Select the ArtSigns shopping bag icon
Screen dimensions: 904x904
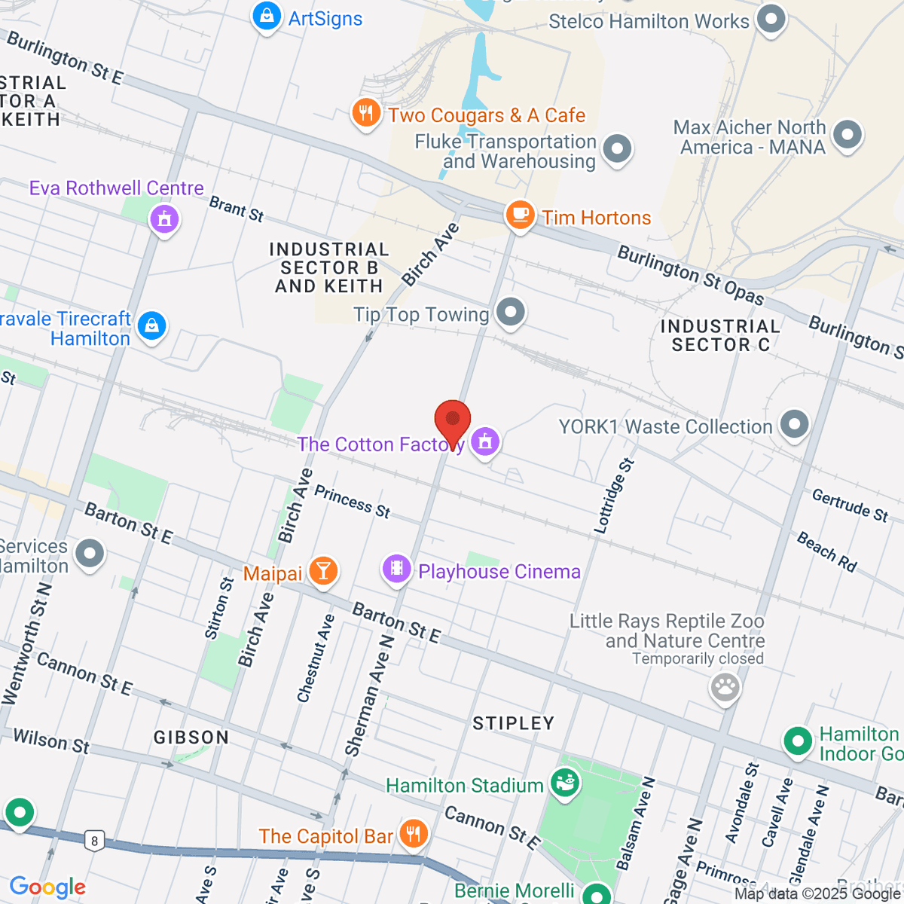[266, 16]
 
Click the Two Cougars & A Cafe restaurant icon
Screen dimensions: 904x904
[366, 114]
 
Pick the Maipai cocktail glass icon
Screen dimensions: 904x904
[323, 572]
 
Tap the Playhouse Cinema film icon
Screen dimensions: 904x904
[396, 569]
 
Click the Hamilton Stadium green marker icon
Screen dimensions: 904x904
[564, 783]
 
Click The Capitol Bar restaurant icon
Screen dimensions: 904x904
[413, 834]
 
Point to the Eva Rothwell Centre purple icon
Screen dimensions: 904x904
[164, 219]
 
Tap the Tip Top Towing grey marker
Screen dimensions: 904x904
[511, 312]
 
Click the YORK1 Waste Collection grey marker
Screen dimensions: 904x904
[794, 424]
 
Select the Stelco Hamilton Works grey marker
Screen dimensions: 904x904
[771, 20]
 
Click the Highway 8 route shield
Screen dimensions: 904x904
[93, 841]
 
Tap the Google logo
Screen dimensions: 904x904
[47, 887]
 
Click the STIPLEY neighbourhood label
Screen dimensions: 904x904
[513, 723]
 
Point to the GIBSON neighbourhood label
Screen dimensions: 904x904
[191, 738]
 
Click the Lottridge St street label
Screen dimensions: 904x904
[614, 496]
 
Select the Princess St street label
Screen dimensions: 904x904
[352, 502]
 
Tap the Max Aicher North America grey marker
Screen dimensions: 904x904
[847, 136]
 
